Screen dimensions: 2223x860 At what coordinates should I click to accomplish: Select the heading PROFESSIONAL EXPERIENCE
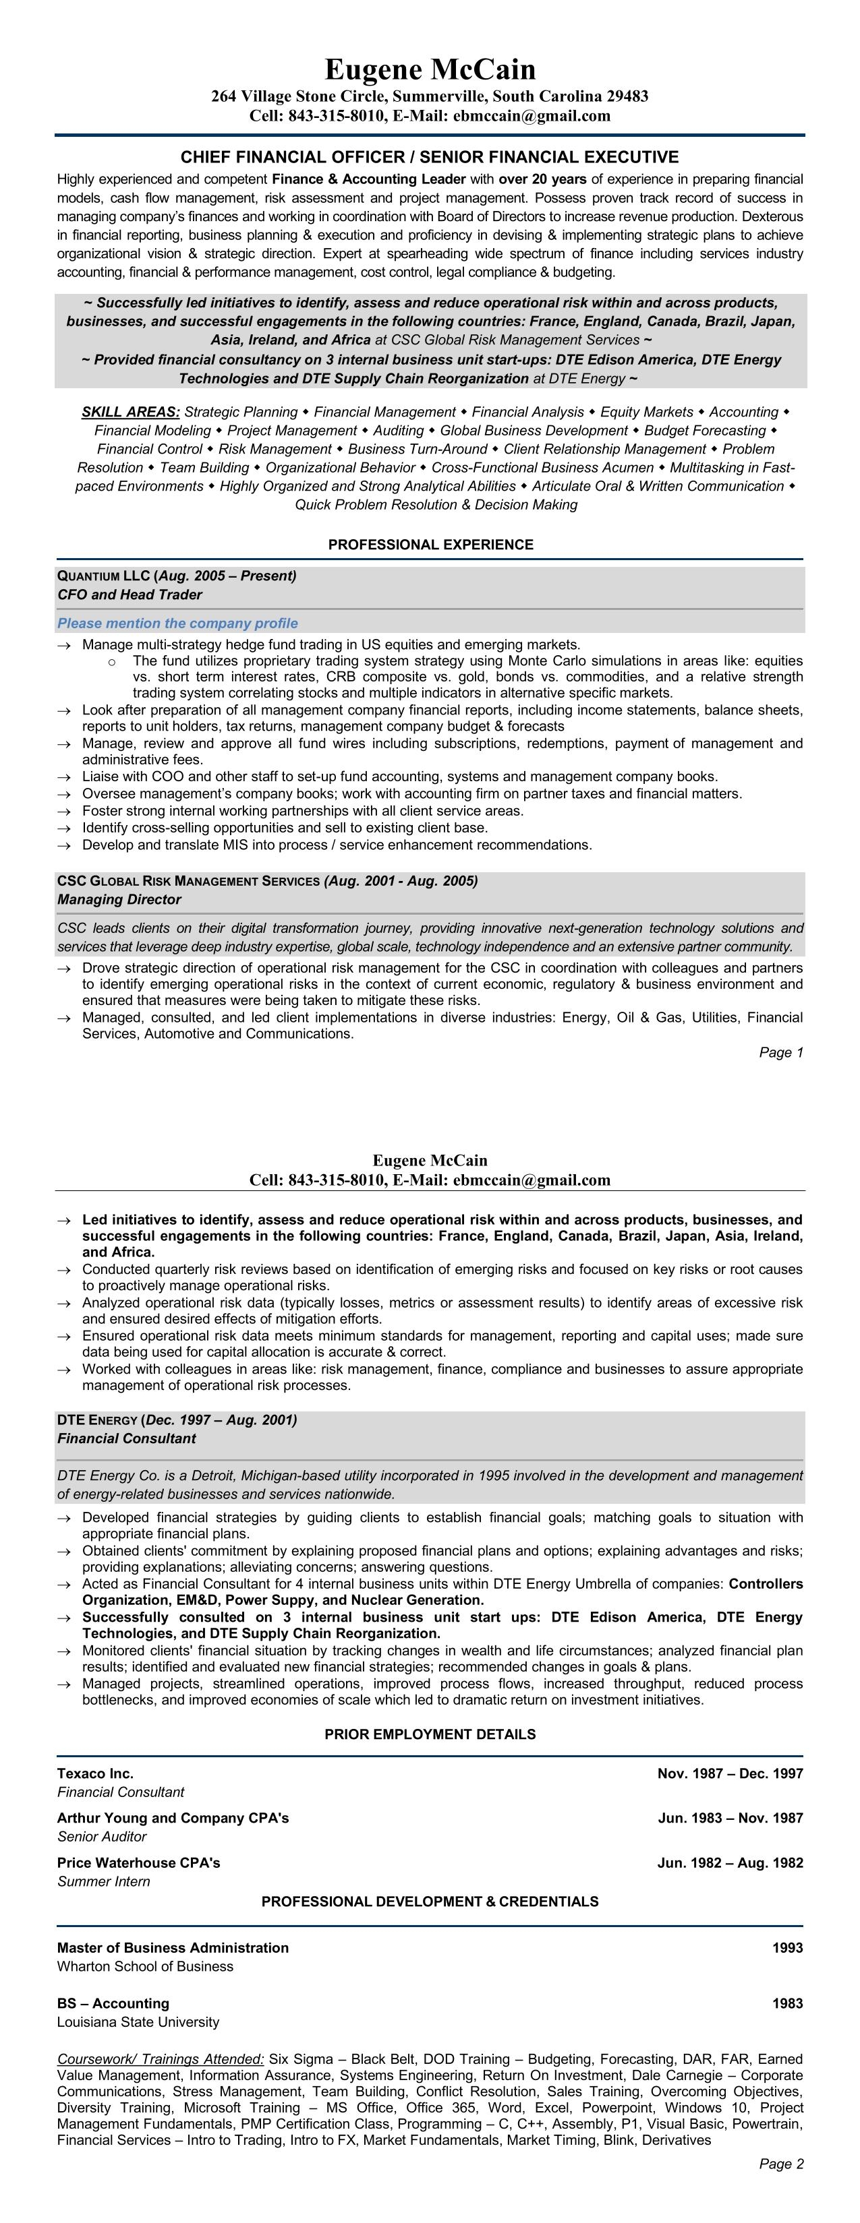point(430,545)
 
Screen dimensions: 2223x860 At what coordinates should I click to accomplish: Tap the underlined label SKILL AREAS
point(130,413)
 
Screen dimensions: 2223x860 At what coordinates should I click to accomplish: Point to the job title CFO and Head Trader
point(130,595)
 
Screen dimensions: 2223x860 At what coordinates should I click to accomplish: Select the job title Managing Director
point(119,899)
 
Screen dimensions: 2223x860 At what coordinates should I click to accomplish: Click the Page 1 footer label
point(780,1052)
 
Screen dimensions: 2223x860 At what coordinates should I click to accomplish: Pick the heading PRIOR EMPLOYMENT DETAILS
point(430,1734)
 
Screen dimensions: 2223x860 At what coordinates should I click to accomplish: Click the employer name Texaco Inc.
point(95,1773)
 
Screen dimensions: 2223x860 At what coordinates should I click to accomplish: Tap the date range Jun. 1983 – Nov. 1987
point(730,1817)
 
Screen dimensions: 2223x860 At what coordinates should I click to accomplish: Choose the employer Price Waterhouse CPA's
point(138,1862)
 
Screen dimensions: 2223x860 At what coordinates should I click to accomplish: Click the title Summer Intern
point(104,1881)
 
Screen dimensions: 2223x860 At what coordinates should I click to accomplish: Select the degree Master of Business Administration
point(173,1948)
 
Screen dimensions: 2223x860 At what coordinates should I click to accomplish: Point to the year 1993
point(787,1948)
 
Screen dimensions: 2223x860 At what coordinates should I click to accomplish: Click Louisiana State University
point(138,2022)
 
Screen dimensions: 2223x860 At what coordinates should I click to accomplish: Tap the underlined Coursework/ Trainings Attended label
point(161,2059)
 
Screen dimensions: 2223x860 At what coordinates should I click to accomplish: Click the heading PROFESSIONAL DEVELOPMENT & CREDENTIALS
point(430,1901)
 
